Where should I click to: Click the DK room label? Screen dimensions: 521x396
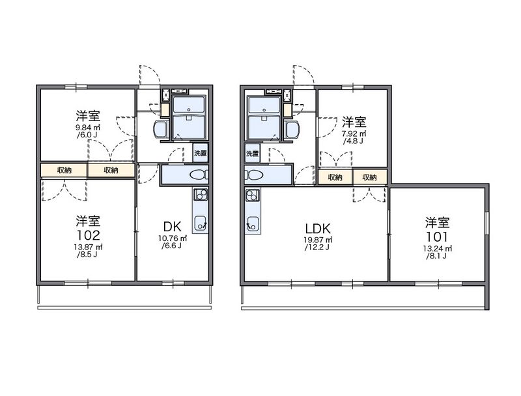pyautogui.click(x=173, y=227)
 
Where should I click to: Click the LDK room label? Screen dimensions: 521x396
pyautogui.click(x=318, y=229)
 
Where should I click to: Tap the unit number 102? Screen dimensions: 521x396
pyautogui.click(x=88, y=235)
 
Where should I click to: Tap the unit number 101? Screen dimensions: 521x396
pyautogui.click(x=437, y=236)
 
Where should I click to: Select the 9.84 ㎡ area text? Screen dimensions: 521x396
pyautogui.click(x=88, y=128)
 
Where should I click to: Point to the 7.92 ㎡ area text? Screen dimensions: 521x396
pyautogui.click(x=354, y=134)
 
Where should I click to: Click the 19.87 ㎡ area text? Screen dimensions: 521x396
pyautogui.click(x=318, y=240)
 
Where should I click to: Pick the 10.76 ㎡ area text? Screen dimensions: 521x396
pyautogui.click(x=173, y=238)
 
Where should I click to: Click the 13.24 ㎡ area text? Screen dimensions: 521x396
pyautogui.click(x=437, y=249)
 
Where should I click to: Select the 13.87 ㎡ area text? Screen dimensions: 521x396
pyautogui.click(x=88, y=247)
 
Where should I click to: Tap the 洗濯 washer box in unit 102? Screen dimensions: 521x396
pyautogui.click(x=201, y=153)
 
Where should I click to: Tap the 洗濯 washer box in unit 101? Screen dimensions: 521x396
pyautogui.click(x=253, y=154)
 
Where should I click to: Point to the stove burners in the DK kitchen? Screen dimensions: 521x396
pyautogui.click(x=201, y=194)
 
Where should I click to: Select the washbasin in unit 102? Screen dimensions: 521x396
pyautogui.click(x=162, y=129)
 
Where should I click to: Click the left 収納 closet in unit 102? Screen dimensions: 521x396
pyautogui.click(x=64, y=170)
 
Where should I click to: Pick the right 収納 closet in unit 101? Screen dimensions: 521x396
pyautogui.click(x=369, y=177)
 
